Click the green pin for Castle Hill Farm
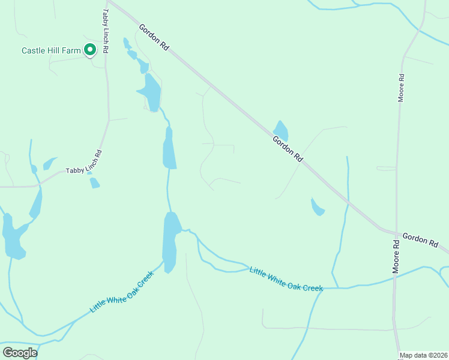[90, 50]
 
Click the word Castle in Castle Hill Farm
[34, 50]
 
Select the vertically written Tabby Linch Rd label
[105, 31]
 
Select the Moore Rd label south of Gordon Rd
[396, 257]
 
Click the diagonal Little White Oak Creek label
[122, 292]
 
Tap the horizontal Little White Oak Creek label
[286, 279]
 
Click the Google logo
[20, 352]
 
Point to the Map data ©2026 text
[424, 355]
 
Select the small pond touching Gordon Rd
[281, 130]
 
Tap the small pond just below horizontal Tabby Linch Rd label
[94, 182]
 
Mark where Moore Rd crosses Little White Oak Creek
[395, 276]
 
